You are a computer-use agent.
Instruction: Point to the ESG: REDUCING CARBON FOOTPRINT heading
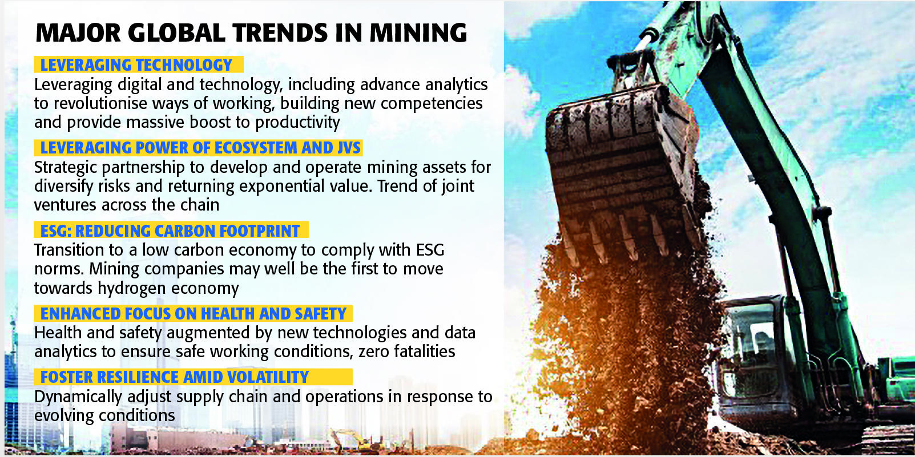coord(170,231)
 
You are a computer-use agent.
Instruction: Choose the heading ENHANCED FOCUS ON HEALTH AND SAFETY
coord(193,314)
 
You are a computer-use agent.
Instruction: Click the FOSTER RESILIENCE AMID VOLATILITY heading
coord(175,377)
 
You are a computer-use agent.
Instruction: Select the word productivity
coord(298,123)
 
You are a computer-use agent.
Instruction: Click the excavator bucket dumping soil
coord(623,172)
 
